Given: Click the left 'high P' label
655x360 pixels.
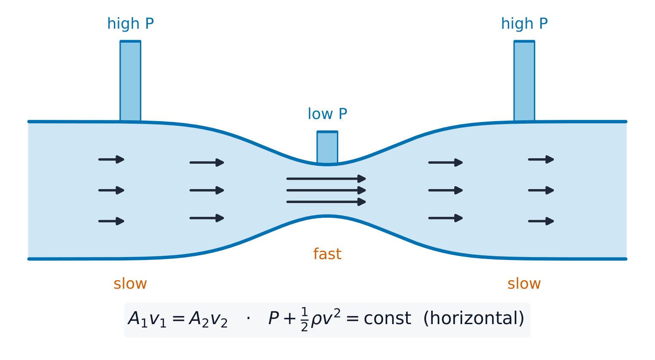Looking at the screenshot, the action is pyautogui.click(x=130, y=24).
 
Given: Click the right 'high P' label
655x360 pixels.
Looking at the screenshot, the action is pyautogui.click(x=524, y=24).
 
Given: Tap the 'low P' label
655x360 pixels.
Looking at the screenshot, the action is pyautogui.click(x=327, y=114).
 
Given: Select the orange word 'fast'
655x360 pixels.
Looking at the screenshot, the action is pyautogui.click(x=327, y=254).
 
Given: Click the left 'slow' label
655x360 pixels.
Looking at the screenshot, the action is pyautogui.click(x=130, y=284).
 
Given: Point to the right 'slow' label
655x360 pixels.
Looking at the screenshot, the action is pyautogui.click(x=524, y=284).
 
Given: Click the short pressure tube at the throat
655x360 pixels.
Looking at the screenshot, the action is pyautogui.click(x=327, y=147).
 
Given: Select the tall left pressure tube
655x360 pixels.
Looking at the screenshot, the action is pyautogui.click(x=130, y=81).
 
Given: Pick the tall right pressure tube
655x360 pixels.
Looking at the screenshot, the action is pyautogui.click(x=524, y=81).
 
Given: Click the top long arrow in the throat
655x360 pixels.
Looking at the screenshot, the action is pyautogui.click(x=326, y=179).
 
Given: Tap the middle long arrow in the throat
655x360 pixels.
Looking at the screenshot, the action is pyautogui.click(x=326, y=190).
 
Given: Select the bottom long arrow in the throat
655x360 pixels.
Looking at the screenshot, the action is pyautogui.click(x=326, y=202).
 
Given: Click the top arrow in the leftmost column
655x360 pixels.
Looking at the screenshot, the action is pyautogui.click(x=111, y=160).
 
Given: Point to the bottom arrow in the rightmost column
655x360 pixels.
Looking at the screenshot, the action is pyautogui.click(x=541, y=221).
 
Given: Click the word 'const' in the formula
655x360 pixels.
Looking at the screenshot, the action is pyautogui.click(x=387, y=319).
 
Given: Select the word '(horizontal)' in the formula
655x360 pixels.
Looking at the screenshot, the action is pyautogui.click(x=474, y=319).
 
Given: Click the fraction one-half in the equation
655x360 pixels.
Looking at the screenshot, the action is pyautogui.click(x=305, y=319).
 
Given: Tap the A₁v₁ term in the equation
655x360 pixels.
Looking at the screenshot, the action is pyautogui.click(x=147, y=319).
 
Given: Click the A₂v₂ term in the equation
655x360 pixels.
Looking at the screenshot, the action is pyautogui.click(x=208, y=319).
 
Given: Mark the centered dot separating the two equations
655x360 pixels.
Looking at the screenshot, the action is pyautogui.click(x=248, y=318).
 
